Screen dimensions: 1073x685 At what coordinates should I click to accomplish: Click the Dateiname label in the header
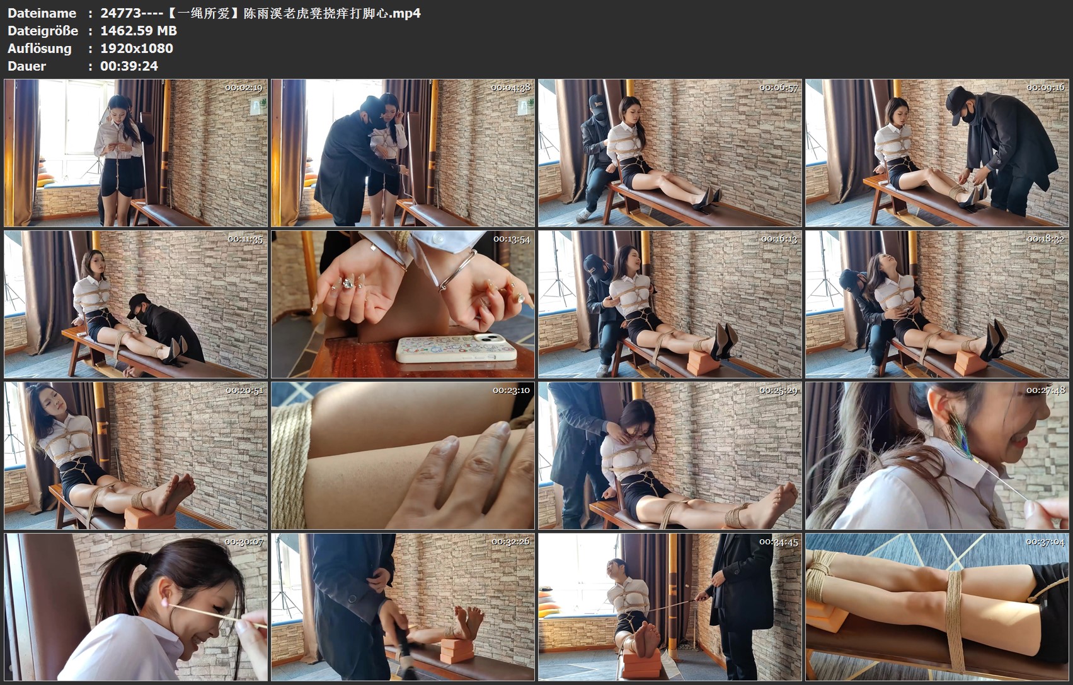coord(42,13)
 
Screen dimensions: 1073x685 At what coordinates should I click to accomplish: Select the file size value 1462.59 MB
coord(139,31)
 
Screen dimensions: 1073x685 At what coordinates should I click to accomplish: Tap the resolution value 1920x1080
coord(137,49)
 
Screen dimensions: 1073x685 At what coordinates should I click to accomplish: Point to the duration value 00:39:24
coord(129,66)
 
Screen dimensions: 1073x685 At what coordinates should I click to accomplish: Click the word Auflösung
coord(39,49)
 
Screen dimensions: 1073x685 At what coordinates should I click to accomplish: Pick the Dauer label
coord(26,66)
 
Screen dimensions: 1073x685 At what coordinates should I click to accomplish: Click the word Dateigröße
coord(43,31)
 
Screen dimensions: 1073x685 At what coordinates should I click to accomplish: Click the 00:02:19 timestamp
coord(244,88)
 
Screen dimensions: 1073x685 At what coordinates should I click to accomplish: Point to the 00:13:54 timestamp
coord(512,239)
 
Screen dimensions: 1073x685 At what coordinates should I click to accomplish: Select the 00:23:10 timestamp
coord(512,390)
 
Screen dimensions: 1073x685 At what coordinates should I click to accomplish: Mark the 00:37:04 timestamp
coord(1045,542)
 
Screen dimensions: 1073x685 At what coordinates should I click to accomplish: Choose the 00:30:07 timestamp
coord(244,542)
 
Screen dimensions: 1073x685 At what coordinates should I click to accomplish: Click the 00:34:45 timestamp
coord(778,542)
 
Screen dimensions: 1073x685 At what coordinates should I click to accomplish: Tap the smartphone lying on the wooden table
coord(456,348)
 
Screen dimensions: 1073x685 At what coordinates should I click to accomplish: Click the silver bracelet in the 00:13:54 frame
coord(457,271)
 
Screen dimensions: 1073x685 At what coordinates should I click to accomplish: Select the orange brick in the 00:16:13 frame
coord(703,361)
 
